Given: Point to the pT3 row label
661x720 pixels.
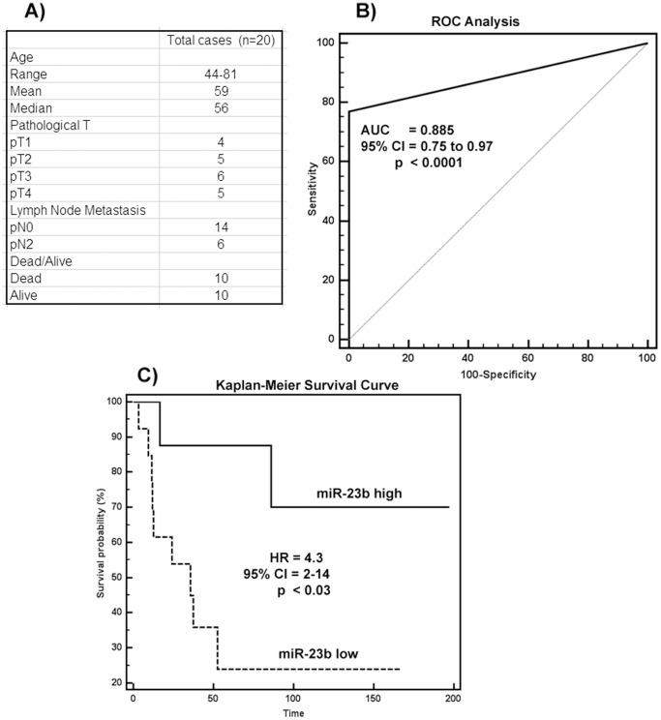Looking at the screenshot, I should (x=22, y=177).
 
